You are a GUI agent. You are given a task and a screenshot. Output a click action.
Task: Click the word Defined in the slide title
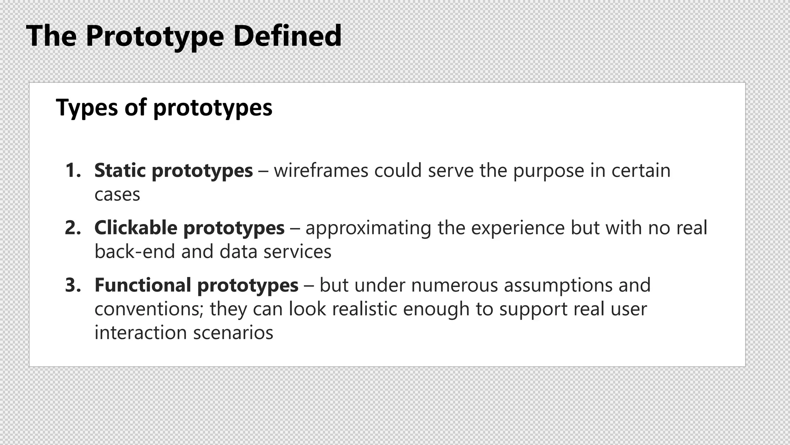coord(287,36)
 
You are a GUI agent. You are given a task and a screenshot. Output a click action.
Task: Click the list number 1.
coord(73,170)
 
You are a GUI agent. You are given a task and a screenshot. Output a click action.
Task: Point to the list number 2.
coord(73,228)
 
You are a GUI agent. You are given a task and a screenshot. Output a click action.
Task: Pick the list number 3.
coord(73,285)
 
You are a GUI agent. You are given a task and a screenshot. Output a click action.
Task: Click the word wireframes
coord(321,170)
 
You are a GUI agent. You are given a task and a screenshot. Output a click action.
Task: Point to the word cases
coord(117,195)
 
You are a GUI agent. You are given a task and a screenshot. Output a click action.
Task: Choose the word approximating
coord(368,228)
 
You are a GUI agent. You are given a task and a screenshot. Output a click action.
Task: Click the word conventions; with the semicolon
coord(149,309)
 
